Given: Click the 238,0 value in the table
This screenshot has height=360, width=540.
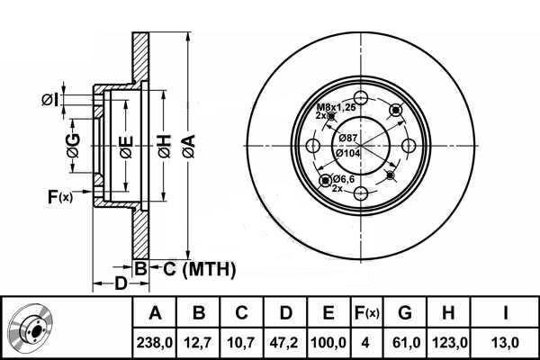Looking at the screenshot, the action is coord(154,343).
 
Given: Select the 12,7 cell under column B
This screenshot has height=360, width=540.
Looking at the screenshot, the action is coord(198,343).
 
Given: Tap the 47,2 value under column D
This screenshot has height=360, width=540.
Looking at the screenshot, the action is coord(284,343).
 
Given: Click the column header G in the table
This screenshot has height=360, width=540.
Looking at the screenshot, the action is coord(405,313).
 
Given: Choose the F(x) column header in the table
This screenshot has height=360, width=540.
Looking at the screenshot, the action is coord(366,313).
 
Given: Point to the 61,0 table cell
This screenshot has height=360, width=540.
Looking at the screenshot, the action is coord(406,343).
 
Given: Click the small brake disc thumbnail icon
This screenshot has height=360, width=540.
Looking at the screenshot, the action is coord(31,328).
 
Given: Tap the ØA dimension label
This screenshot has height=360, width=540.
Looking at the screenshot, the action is coord(189,147).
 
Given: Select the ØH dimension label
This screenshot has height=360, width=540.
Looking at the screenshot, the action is coord(165,147).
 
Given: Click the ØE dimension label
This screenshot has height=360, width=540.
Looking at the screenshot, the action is coord(126,147).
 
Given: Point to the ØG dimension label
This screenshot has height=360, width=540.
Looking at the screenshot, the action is coord(74,146).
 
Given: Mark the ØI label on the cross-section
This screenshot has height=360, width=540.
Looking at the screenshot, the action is coord(49,100).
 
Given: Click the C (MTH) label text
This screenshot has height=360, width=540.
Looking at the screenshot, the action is coord(200,269).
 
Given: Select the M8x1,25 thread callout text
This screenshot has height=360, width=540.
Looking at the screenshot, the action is coord(336,107).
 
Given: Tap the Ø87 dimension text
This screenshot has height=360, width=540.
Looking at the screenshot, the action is coord(347,138).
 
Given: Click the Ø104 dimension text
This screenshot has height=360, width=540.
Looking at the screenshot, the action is coord(347,153).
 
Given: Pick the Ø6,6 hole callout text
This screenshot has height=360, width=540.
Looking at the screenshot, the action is coord(344,179).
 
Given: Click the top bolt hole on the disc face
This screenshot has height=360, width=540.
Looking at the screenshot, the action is coord(361,98).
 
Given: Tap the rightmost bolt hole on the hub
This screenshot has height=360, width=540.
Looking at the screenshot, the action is coord(409,146).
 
